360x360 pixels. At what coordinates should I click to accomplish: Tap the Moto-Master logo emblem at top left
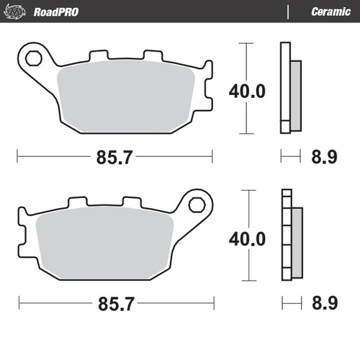coord(18,12)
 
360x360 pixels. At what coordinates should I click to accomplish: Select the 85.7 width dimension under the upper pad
coord(114,157)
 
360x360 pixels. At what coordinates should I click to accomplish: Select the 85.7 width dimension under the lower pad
coord(114,305)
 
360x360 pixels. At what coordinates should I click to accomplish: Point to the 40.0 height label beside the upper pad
coord(247,91)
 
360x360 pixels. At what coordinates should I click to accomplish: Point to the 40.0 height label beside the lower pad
coord(247,238)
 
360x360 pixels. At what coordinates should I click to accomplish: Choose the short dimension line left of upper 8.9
coord(289,155)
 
